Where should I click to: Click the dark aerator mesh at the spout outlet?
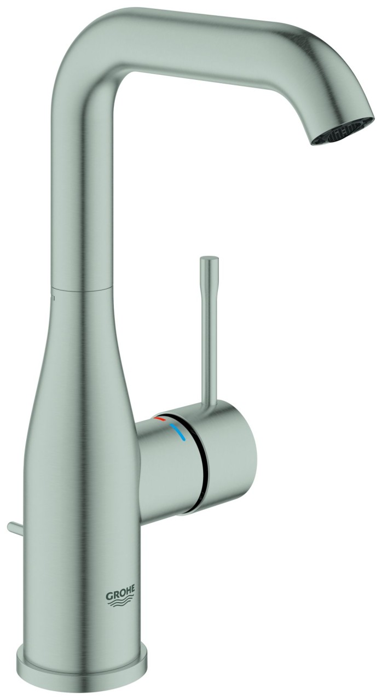[344, 129]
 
